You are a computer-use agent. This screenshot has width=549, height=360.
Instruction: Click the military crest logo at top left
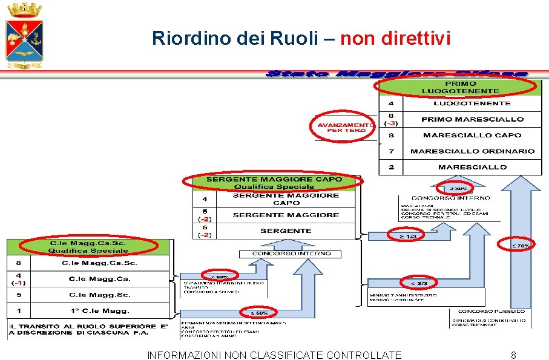click(24, 34)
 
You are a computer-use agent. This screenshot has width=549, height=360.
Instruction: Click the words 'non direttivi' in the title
click(395, 39)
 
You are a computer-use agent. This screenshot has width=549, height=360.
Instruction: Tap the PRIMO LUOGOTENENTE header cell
click(460, 87)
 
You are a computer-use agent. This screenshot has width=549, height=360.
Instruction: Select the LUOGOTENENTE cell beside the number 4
click(472, 104)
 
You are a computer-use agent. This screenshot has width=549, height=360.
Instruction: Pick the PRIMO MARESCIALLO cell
click(472, 119)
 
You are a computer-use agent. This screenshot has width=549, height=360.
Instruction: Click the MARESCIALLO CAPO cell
click(472, 136)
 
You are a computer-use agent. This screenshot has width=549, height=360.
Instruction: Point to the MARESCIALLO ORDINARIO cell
click(472, 151)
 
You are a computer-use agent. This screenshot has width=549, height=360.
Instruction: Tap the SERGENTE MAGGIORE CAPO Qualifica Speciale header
click(274, 183)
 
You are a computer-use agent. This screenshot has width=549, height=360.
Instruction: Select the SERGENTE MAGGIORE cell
click(286, 215)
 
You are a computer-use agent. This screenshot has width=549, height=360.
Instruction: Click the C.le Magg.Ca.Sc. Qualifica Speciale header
click(88, 247)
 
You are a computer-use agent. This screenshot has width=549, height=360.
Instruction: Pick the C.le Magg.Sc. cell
click(99, 295)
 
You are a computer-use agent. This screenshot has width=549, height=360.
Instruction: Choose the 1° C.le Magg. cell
click(99, 310)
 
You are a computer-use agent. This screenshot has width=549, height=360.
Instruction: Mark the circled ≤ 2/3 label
click(419, 283)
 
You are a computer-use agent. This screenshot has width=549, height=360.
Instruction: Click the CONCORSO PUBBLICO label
click(491, 311)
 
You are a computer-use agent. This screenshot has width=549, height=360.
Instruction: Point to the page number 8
click(513, 355)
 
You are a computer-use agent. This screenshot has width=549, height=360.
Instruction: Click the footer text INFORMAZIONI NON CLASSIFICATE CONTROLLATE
click(274, 355)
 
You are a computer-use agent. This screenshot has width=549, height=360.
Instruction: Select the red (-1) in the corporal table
click(18, 283)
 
